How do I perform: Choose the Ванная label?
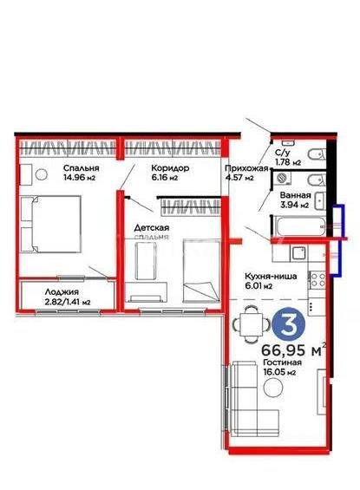coord(295,195)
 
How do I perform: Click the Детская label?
coord(151,228)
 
